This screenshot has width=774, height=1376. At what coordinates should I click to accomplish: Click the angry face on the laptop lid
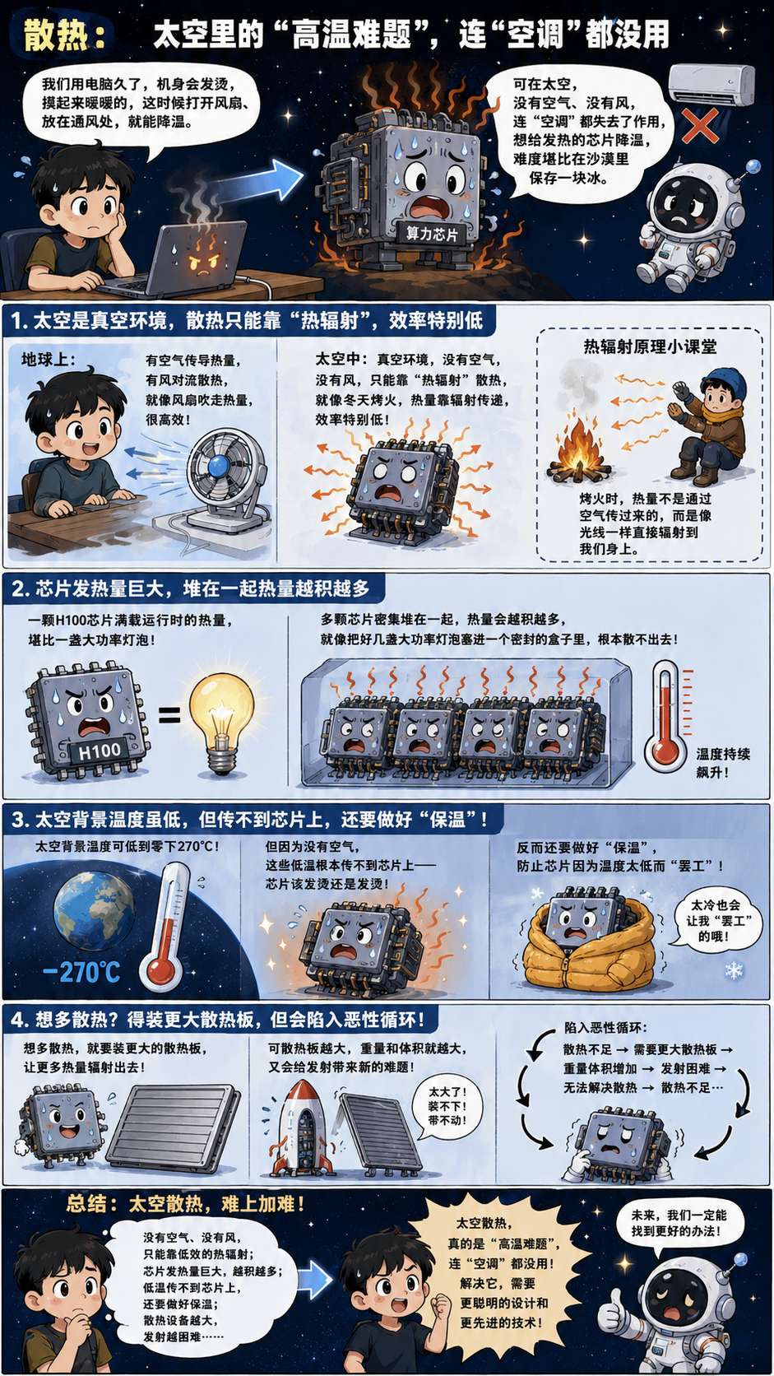pos(203,260)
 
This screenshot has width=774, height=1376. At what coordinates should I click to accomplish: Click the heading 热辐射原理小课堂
pos(650,346)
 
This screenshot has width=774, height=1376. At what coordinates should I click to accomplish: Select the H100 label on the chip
pos(100,751)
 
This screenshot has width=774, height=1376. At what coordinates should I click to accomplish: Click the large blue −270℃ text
pos(82,973)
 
